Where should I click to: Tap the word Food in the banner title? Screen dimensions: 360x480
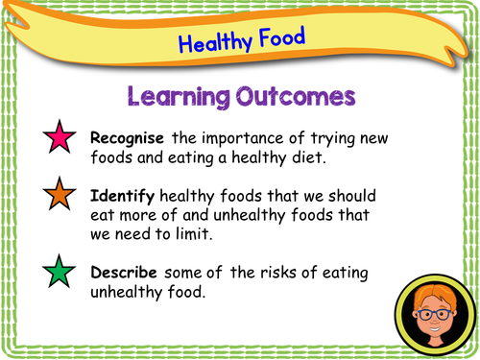click(x=282, y=38)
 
